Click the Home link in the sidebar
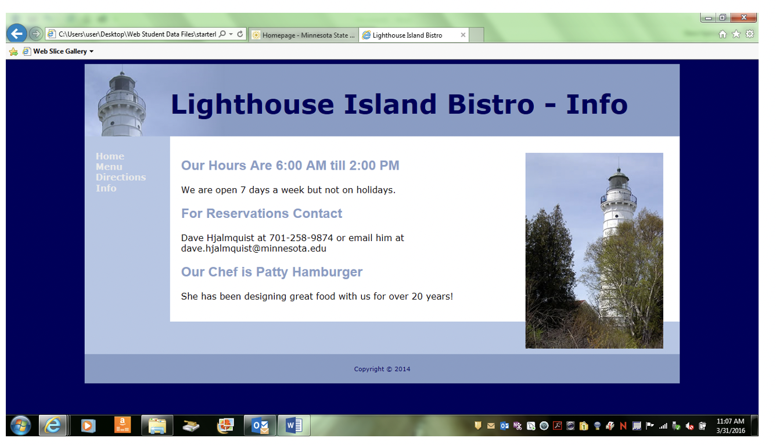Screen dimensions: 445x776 click(110, 156)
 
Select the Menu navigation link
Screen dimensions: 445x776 click(109, 167)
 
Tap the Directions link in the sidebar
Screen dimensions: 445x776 click(121, 177)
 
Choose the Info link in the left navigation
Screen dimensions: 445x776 click(106, 188)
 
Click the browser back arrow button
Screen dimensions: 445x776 click(17, 34)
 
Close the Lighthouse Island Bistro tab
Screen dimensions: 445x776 click(463, 35)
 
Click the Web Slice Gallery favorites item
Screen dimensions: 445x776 click(60, 51)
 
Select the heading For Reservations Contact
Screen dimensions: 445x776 click(261, 214)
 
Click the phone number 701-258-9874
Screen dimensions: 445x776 click(301, 238)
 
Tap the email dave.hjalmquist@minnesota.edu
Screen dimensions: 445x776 click(254, 249)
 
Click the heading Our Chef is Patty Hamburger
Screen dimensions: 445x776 click(271, 272)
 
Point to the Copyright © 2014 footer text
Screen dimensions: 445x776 click(382, 369)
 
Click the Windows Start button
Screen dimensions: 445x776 click(21, 426)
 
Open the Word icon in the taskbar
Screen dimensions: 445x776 click(293, 426)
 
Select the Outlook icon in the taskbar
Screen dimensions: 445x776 click(260, 426)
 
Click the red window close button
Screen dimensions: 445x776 click(743, 18)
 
